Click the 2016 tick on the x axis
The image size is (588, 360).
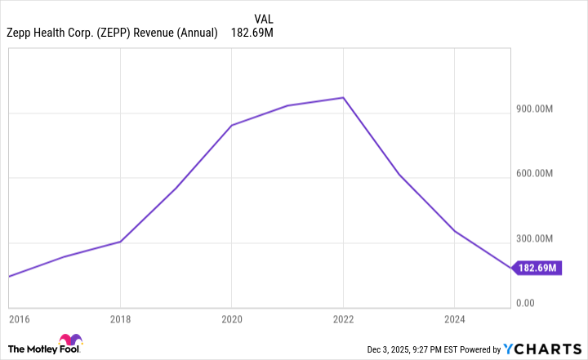tap(20, 318)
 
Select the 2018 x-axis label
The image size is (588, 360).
tap(121, 318)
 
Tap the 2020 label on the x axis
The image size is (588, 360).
tap(232, 318)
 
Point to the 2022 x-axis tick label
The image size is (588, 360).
tap(343, 318)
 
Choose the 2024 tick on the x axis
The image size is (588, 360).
tap(454, 318)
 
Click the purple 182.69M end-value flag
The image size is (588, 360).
tap(537, 268)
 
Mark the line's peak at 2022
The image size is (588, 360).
tap(344, 98)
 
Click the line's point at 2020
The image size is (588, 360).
tap(232, 125)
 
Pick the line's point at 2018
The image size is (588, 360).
tap(121, 242)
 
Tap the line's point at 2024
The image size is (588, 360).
tap(455, 232)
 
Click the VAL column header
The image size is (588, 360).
tap(264, 18)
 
